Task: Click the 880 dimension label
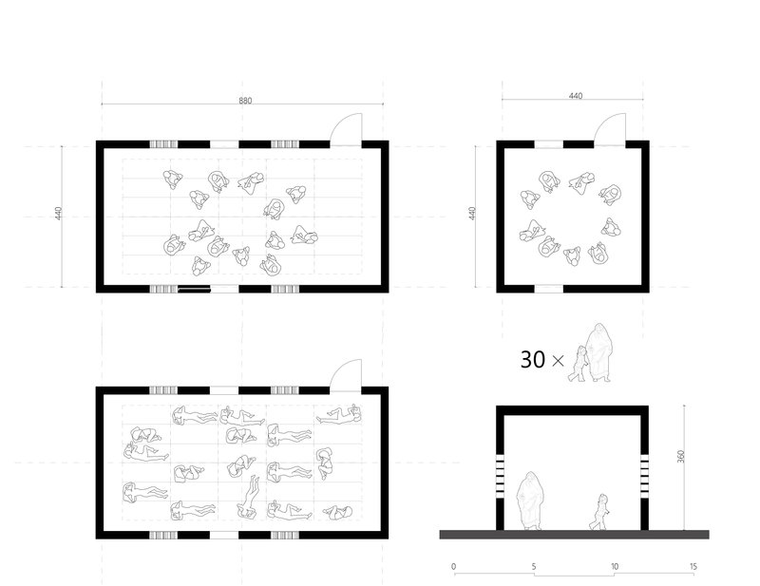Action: coord(245,101)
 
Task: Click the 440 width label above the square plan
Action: coord(576,96)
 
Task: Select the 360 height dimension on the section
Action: coord(681,457)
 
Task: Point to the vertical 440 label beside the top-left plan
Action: coord(59,214)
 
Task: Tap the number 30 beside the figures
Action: coord(533,360)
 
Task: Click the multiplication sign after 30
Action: coord(558,361)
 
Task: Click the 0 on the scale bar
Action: coord(454,566)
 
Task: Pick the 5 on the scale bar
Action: coord(534,566)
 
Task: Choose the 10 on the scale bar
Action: coord(614,566)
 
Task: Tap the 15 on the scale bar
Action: coord(693,566)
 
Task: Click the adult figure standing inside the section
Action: coord(530,501)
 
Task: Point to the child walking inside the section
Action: coord(599,512)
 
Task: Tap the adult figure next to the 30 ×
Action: coord(599,352)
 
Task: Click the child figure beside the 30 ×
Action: coord(579,364)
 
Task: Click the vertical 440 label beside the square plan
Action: coord(472,214)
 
